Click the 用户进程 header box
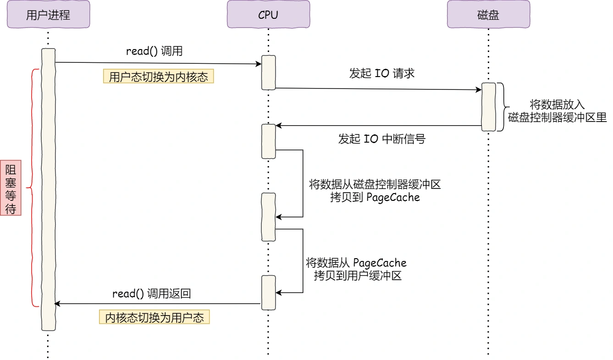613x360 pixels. [48, 15]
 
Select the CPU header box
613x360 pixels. [268, 15]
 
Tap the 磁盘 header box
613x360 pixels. [488, 15]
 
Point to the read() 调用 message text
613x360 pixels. [154, 51]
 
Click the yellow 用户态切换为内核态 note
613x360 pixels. [159, 77]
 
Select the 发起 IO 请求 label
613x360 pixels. [381, 73]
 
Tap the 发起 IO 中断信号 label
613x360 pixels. [381, 139]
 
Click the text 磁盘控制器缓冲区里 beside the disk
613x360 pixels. [557, 117]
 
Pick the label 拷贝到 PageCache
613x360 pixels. [375, 198]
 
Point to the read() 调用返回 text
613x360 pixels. [151, 294]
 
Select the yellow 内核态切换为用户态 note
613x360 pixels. [155, 318]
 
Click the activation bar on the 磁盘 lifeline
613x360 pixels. [488, 107]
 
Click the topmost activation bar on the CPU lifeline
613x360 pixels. [268, 72]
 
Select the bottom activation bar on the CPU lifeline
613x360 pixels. [268, 292]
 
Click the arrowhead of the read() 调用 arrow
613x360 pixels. [258, 65]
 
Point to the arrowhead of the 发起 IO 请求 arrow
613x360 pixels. [478, 90]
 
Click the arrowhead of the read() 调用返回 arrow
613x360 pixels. [57, 304]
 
